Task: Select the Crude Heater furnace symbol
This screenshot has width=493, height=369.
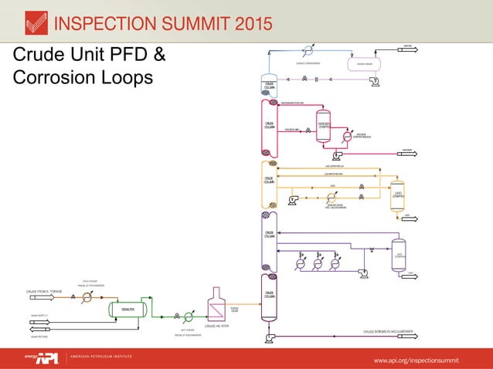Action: click(x=216, y=306)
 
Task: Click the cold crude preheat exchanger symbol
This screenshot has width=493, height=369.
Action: click(x=87, y=299)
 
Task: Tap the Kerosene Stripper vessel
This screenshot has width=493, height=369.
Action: click(x=325, y=126)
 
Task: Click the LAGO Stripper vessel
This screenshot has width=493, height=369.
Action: click(x=399, y=195)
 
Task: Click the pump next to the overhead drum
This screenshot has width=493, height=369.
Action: click(x=376, y=80)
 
